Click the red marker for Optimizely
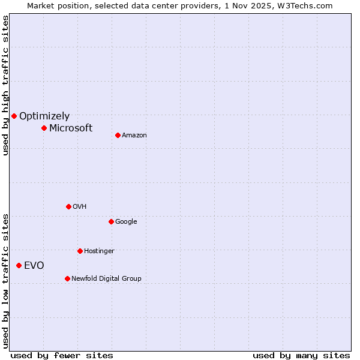tap(14, 116)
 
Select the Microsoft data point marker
tap(44, 128)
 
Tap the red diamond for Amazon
tap(118, 135)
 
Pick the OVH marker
tap(68, 206)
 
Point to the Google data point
tap(111, 221)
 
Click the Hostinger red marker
tap(80, 251)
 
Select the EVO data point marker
tap(19, 265)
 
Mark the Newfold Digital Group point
tap(67, 278)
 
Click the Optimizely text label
tap(44, 116)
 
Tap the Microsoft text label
tap(71, 128)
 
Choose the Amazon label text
tap(134, 136)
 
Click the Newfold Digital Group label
tap(106, 278)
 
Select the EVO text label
tap(34, 266)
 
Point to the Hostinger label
tap(99, 251)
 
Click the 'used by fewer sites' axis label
tap(62, 356)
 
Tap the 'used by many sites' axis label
tap(301, 356)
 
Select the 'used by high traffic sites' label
tap(5, 85)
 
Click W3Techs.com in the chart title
tap(309, 6)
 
